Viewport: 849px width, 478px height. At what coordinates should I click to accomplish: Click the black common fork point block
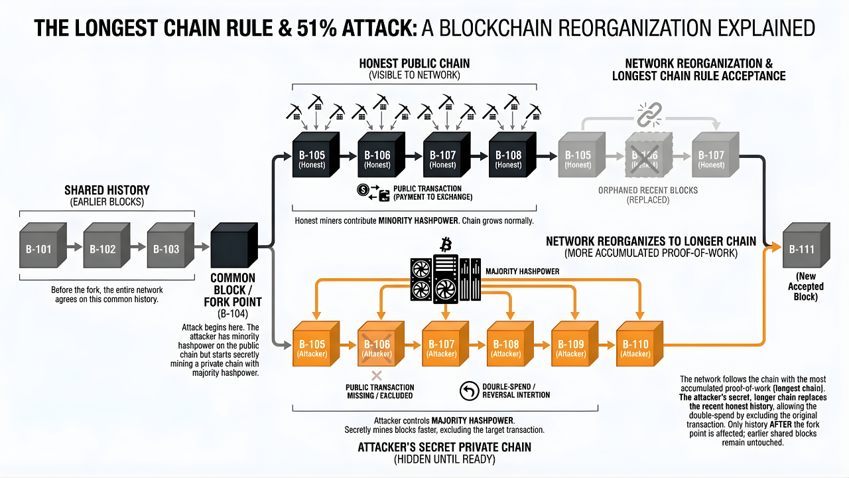(x=233, y=250)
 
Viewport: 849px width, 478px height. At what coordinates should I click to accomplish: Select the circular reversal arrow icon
(x=469, y=391)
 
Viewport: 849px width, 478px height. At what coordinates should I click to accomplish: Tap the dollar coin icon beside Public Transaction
(x=363, y=189)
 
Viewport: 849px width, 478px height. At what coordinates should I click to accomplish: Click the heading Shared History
(x=107, y=190)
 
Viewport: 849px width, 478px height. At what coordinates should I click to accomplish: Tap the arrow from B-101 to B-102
(x=74, y=250)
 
